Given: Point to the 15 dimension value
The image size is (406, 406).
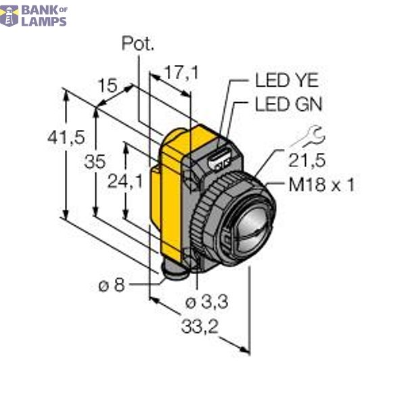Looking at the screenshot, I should point(106,86).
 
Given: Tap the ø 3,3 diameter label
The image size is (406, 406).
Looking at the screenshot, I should point(206,302).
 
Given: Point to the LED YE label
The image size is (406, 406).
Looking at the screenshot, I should point(286,82).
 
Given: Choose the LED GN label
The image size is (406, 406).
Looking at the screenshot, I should point(288,105).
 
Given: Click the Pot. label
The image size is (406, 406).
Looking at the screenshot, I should point(138,45).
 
